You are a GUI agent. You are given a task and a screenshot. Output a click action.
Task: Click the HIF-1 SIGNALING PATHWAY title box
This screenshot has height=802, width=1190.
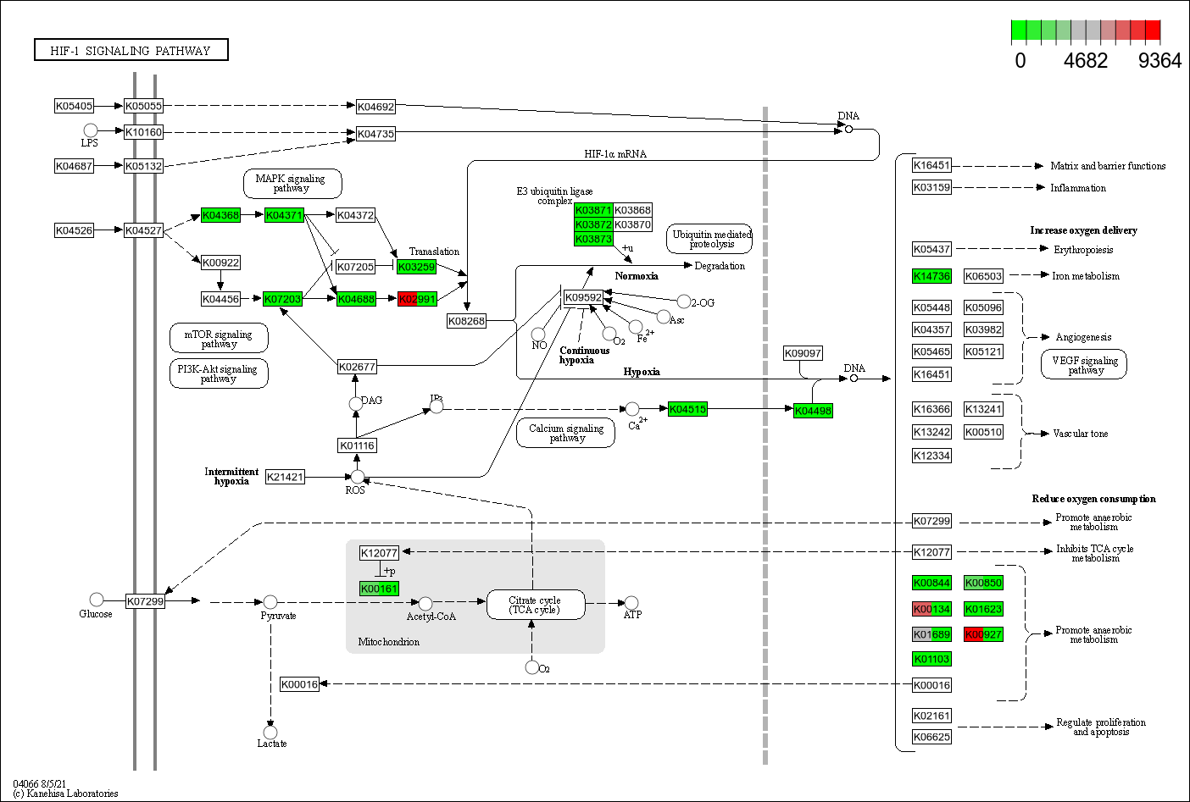131,51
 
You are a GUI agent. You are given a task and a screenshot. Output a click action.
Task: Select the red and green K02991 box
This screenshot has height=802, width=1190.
417,299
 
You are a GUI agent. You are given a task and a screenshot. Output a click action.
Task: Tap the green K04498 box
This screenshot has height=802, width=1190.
813,411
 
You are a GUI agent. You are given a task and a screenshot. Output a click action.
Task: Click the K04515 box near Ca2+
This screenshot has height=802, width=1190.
687,409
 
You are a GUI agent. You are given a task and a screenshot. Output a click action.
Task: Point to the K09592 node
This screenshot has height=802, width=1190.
583,297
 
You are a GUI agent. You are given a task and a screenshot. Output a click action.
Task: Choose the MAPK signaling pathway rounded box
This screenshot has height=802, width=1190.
292,183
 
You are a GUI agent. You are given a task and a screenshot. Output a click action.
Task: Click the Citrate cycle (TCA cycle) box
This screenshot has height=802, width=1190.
535,605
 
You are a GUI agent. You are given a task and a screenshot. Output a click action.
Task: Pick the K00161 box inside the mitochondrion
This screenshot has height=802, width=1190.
379,589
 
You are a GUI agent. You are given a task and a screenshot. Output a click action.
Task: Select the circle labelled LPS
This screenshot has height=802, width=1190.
91,130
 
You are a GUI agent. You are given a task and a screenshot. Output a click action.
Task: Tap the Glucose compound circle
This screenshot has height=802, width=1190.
97,600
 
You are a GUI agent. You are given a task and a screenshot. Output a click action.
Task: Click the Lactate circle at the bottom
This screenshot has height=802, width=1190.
270,732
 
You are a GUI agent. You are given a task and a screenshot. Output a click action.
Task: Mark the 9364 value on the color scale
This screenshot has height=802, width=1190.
1159,61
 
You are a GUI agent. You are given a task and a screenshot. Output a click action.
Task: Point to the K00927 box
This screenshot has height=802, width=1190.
983,634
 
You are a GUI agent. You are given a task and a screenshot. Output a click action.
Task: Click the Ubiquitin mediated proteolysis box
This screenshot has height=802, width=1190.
710,239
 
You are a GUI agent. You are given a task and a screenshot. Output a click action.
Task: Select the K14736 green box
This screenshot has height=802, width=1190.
931,276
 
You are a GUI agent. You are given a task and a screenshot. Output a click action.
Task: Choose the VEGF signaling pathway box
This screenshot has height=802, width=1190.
1084,364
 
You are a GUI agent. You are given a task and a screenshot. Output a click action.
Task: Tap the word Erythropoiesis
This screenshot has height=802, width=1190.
1083,250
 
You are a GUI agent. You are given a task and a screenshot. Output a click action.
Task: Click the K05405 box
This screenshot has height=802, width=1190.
74,106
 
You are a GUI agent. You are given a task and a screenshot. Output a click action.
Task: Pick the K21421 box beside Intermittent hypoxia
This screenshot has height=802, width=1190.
285,477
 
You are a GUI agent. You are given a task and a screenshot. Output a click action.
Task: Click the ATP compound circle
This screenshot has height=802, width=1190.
631,603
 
